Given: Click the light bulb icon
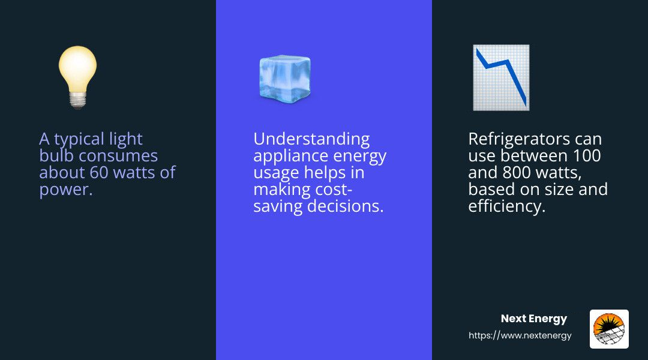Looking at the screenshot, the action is (x=77, y=77).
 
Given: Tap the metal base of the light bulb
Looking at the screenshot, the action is (x=77, y=100).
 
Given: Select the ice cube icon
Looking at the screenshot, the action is (x=285, y=79).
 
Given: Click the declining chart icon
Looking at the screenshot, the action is (x=501, y=78).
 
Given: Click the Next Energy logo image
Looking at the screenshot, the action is (x=609, y=329).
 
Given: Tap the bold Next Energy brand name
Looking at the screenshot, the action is (x=533, y=319).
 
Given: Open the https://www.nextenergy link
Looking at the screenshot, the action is (x=520, y=335).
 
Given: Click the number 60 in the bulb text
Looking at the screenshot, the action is (x=99, y=172).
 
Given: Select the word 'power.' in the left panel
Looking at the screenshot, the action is (x=66, y=190).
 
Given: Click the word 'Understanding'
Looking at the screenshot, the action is (x=311, y=139).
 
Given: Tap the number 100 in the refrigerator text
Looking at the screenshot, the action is (x=587, y=156).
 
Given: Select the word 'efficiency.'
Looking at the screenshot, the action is (x=506, y=206).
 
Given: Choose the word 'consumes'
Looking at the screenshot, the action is (x=118, y=156).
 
